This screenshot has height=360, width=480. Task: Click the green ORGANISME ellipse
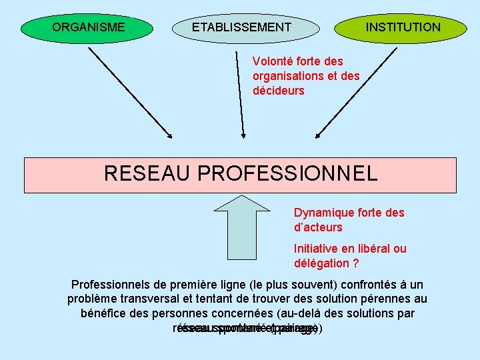pyautogui.click(x=87, y=27)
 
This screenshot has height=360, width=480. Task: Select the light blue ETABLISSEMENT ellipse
pyautogui.click(x=242, y=27)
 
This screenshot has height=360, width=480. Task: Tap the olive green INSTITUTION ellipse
pyautogui.click(x=401, y=27)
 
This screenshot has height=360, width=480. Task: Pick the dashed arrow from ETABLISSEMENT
pyautogui.click(x=240, y=93)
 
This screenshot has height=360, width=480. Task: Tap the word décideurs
pyautogui.click(x=278, y=91)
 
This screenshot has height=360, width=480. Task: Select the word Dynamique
pyautogui.click(x=323, y=213)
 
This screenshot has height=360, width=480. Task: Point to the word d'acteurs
pyautogui.click(x=318, y=227)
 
